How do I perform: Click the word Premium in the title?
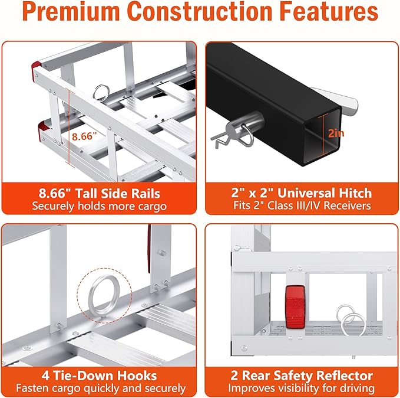[71, 11]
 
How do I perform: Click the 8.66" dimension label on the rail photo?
[84, 136]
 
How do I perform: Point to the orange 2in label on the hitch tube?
[336, 133]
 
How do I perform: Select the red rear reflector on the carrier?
[295, 306]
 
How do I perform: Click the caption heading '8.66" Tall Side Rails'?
[100, 193]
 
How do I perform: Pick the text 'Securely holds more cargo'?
[100, 206]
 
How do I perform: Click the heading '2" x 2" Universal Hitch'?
[302, 193]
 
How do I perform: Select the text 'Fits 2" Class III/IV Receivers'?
[302, 205]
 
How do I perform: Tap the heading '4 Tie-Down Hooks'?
[99, 376]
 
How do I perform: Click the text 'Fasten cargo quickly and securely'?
[101, 389]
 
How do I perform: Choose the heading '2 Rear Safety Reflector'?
[302, 376]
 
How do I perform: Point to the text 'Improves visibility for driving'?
[301, 389]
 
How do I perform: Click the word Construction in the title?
[200, 11]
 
